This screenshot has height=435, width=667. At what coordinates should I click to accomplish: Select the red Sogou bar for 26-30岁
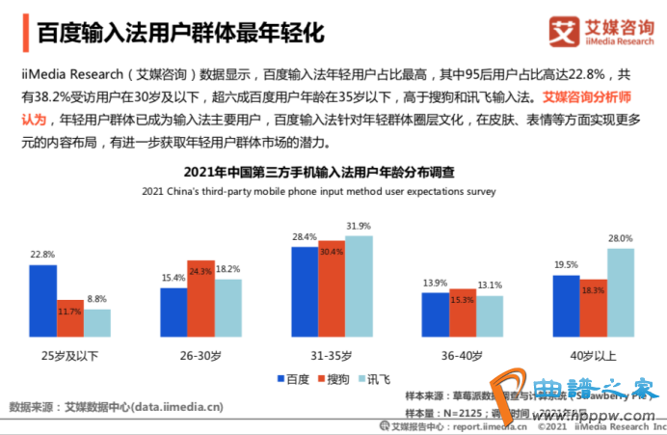[x=200, y=296]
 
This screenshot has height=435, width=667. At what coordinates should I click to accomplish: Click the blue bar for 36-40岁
[x=436, y=313]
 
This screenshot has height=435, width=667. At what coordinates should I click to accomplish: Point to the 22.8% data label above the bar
[x=42, y=255]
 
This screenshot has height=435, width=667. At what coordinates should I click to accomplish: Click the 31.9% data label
[x=359, y=226]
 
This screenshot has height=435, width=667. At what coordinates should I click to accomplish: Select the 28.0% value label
[x=621, y=238]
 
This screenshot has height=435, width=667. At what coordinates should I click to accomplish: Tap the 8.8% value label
[x=97, y=300]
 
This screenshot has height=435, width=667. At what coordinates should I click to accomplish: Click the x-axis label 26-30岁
[x=200, y=355]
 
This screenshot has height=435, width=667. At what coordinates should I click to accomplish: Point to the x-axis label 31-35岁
[x=332, y=355]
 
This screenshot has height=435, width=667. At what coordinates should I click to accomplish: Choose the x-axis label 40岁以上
[x=594, y=355]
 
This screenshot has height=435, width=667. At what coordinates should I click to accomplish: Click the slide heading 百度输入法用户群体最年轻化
[x=179, y=32]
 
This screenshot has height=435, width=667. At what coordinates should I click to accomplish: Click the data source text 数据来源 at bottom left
[x=115, y=406]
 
